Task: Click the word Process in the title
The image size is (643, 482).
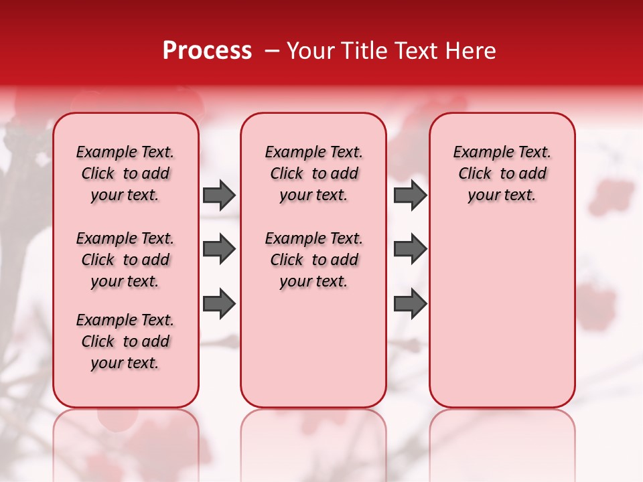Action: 207,51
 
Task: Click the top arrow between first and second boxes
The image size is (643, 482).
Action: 219,195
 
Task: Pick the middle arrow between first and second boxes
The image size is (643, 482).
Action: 219,249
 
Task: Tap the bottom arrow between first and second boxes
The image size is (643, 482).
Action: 219,303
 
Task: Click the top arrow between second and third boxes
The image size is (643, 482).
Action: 410,195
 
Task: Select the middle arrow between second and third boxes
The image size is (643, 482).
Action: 410,249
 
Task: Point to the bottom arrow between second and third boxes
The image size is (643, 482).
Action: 410,303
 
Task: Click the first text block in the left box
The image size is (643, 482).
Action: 125,173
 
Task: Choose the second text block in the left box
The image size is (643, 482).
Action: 125,260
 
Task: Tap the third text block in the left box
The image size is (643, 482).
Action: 125,341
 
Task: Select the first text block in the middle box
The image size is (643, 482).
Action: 313,173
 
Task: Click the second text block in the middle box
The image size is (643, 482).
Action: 313,260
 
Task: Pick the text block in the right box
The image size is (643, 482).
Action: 502,173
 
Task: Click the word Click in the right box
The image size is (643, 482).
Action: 475,174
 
